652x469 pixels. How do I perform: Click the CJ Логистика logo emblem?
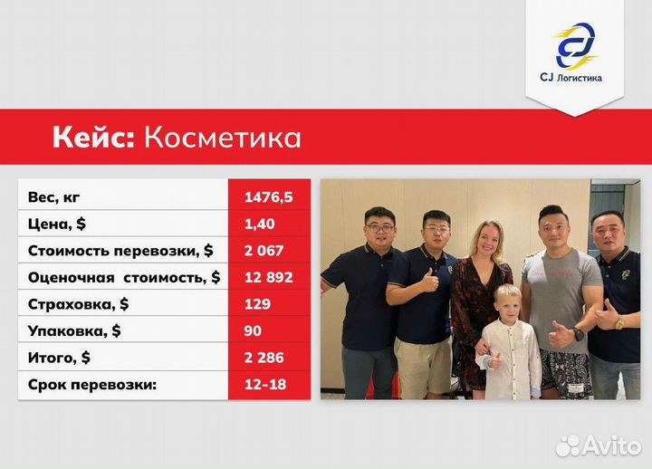[x=575, y=45]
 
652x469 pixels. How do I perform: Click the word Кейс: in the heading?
[x=93, y=138]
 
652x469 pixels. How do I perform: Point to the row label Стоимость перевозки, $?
[x=120, y=250]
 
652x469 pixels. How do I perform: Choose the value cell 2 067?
[x=264, y=250]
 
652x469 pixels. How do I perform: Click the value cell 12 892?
[x=268, y=277]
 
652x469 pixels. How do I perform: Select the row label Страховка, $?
[x=78, y=303]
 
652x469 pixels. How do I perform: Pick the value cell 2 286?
[x=264, y=358]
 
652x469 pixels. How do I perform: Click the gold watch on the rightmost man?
[x=618, y=322]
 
